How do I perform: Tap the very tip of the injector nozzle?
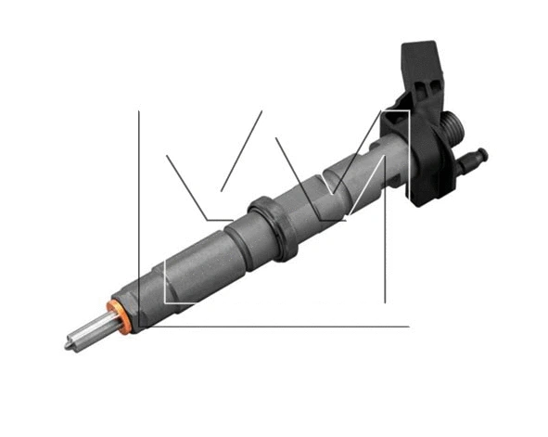point(67,345)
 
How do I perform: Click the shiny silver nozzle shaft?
point(88,331)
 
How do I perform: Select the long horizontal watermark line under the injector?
point(278,326)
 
